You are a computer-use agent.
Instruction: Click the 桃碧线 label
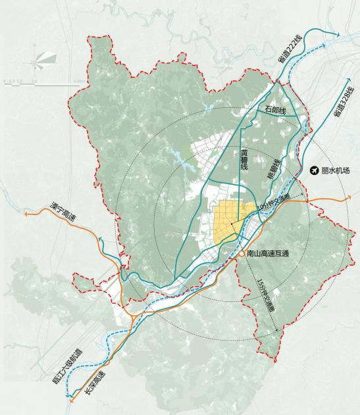pyautogui.click(x=273, y=170)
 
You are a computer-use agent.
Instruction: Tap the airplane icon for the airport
pyautogui.click(x=314, y=170)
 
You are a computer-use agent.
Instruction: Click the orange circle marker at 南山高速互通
pyautogui.click(x=241, y=252)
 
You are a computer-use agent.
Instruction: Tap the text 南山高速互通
pyautogui.click(x=267, y=253)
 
